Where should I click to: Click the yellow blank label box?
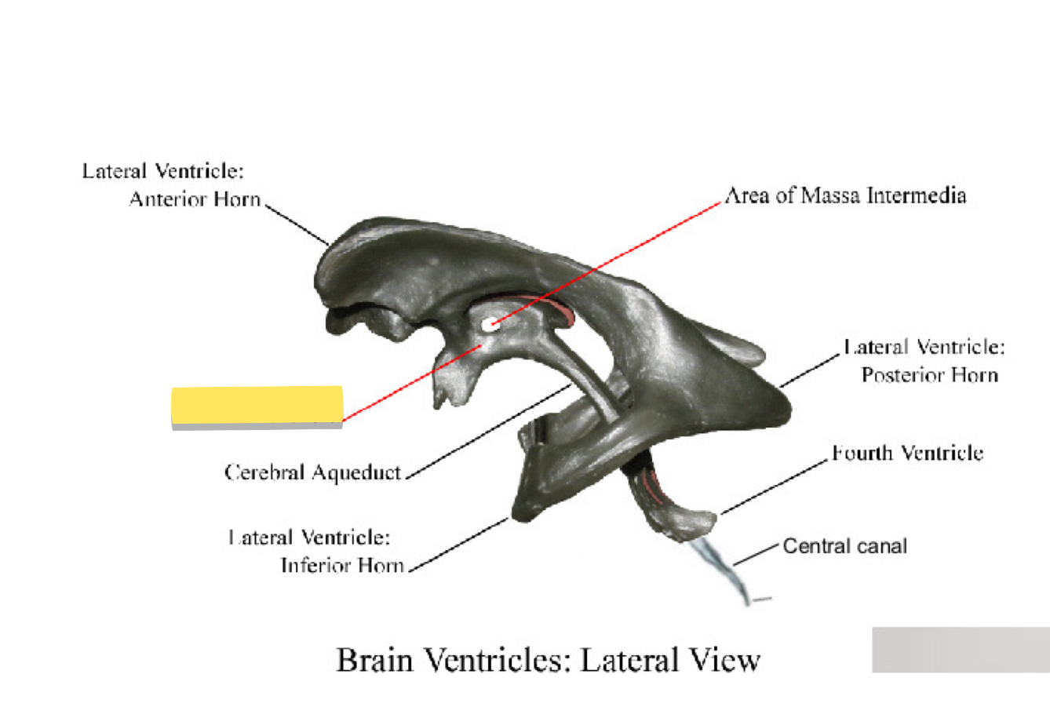[257, 406]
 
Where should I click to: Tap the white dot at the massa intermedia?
[490, 323]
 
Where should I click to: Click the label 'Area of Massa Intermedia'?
[845, 195]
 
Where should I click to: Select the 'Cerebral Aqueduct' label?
[313, 472]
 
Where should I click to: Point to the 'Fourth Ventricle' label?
[907, 453]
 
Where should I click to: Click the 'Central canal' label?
[845, 546]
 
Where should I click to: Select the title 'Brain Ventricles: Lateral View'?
[548, 660]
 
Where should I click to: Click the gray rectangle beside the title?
[961, 650]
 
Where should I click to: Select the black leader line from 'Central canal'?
[757, 555]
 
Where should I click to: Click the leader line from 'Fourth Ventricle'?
[775, 487]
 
